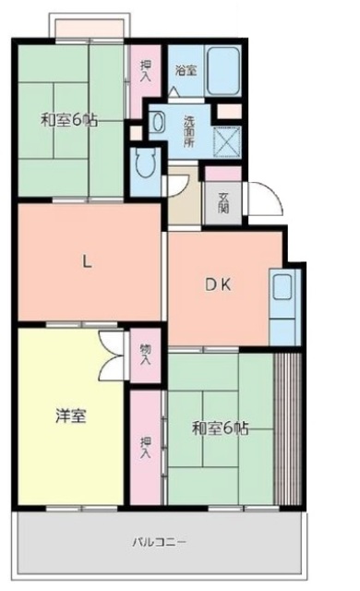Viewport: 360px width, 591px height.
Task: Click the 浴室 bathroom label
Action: click(x=186, y=68)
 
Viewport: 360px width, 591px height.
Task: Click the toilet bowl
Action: click(x=145, y=167)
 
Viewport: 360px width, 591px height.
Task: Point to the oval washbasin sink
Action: click(x=159, y=123)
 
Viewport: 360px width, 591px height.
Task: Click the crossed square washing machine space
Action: click(x=226, y=139)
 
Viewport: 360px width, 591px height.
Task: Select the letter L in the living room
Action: click(x=88, y=261)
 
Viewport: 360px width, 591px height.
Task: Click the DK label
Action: click(x=217, y=285)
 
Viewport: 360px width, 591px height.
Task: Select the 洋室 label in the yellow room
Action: click(x=70, y=416)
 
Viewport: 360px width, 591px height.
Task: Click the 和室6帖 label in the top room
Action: click(x=69, y=121)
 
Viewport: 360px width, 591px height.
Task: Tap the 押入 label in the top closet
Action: click(x=146, y=71)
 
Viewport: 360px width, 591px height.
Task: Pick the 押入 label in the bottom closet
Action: click(x=146, y=448)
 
